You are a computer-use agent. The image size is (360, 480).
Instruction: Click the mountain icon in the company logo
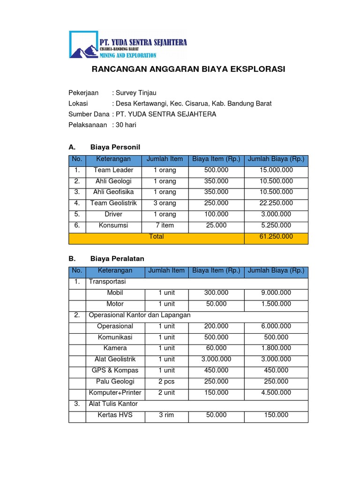(x=83, y=48)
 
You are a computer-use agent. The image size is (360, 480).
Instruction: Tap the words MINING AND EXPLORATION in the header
(x=127, y=55)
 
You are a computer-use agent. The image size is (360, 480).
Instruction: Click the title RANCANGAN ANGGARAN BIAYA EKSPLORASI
(x=188, y=69)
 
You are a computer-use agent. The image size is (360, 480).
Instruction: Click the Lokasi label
(x=78, y=104)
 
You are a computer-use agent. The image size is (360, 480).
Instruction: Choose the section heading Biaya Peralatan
(x=117, y=259)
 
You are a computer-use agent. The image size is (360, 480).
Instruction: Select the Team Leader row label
(x=113, y=170)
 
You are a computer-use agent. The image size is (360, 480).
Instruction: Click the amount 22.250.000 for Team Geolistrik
(x=276, y=203)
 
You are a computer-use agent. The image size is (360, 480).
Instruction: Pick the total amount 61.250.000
(x=276, y=237)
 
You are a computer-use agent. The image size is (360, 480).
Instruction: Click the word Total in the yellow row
(x=156, y=237)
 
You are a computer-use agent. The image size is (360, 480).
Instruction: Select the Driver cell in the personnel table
(x=113, y=214)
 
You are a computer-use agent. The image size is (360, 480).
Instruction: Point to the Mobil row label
(x=115, y=293)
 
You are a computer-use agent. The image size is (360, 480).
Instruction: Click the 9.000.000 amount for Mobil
(x=276, y=293)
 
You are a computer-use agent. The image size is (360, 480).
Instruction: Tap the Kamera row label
(x=115, y=348)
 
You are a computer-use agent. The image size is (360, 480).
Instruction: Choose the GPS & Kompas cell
(x=115, y=370)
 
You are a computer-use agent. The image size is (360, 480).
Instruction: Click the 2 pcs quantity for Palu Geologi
(x=166, y=382)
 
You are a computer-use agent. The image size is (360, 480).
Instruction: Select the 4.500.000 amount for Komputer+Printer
(x=276, y=393)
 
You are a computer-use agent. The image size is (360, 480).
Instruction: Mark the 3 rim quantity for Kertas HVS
(x=166, y=415)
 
